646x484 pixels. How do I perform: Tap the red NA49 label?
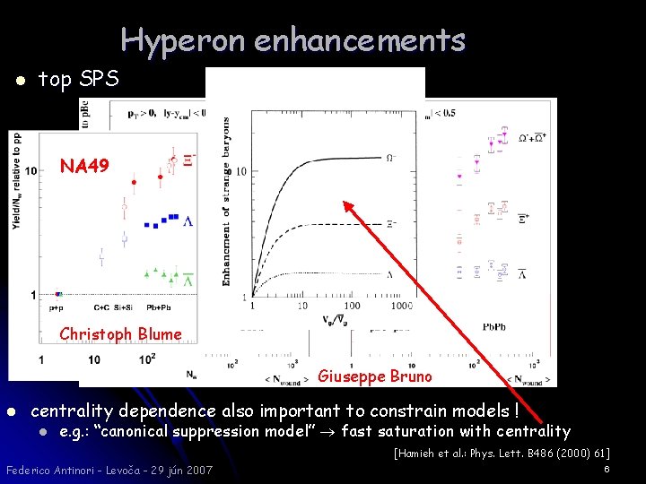(84, 166)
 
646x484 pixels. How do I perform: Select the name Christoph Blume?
(119, 334)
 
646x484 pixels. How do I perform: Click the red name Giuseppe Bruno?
(375, 376)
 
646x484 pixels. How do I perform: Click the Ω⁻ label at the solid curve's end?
(388, 158)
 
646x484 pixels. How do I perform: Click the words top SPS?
(78, 80)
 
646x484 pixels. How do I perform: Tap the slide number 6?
(607, 469)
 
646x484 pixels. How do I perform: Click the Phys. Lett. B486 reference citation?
(502, 453)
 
